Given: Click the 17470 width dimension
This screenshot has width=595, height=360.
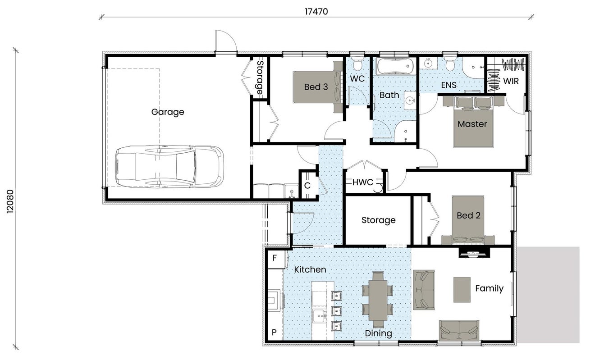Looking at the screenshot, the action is (x=316, y=12).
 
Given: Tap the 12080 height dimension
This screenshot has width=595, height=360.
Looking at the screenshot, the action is (x=10, y=201).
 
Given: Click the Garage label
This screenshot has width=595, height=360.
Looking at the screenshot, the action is (x=168, y=112).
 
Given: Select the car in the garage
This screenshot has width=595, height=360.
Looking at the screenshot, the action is (x=169, y=166).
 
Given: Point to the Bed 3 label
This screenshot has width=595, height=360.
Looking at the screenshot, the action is (x=316, y=87).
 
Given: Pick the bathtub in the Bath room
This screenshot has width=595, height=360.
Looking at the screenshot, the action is (x=395, y=66).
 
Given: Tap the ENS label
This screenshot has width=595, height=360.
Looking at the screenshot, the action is (x=449, y=85).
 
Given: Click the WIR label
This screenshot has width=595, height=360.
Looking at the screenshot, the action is (x=511, y=81).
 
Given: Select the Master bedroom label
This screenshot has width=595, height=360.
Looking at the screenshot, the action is (x=472, y=124).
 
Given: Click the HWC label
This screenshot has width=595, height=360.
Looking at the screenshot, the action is (x=363, y=182).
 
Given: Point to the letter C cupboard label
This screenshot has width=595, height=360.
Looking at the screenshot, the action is (x=307, y=186).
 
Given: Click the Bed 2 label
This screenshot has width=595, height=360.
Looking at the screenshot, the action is (x=468, y=215).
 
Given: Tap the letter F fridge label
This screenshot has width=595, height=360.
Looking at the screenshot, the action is (x=275, y=258).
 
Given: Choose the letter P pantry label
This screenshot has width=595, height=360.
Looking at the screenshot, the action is (x=274, y=332).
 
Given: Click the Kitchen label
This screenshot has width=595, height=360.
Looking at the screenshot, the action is (x=310, y=269).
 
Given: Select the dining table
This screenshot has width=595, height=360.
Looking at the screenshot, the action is (x=378, y=300).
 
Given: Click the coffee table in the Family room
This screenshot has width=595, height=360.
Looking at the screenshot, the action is (x=462, y=290).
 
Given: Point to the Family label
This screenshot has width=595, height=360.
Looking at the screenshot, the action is (x=489, y=288).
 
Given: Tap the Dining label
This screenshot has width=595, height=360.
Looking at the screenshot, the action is (x=378, y=333).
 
